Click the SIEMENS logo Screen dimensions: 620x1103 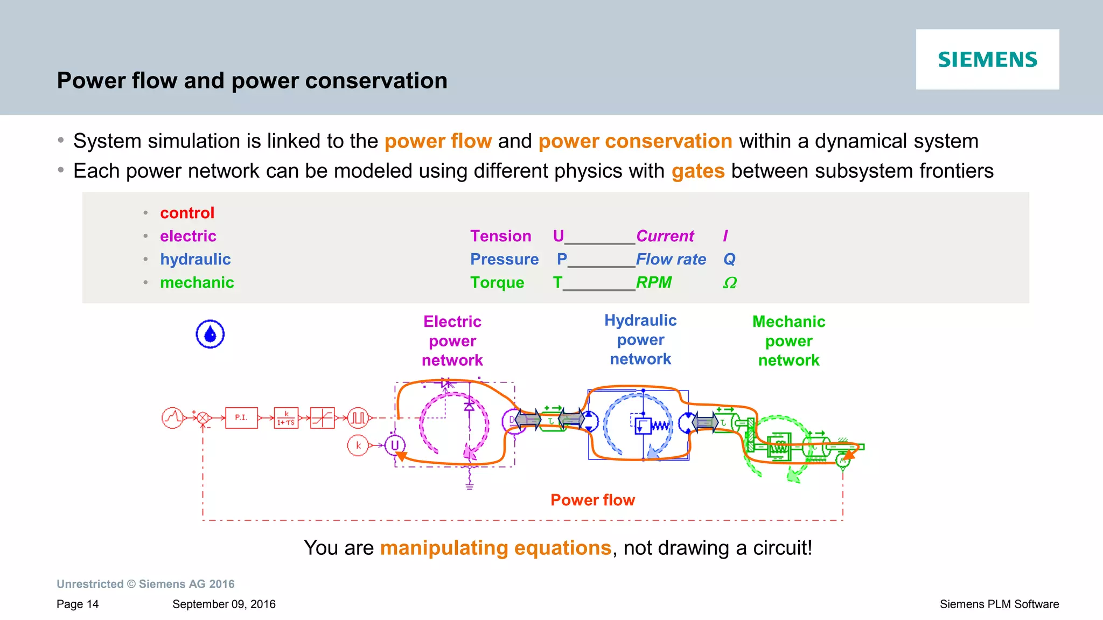(x=987, y=59)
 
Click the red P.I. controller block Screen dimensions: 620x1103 (x=241, y=417)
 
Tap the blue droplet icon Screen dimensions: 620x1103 (x=210, y=334)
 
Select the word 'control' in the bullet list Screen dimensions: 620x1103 (x=187, y=213)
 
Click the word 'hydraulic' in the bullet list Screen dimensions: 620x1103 (x=195, y=259)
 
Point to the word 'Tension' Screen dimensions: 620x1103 (x=500, y=236)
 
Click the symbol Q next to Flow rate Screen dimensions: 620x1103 (x=729, y=259)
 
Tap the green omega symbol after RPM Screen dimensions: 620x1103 (x=729, y=283)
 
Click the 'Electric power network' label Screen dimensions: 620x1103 (x=452, y=340)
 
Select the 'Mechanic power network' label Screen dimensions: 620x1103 (x=788, y=340)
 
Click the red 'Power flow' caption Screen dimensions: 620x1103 (x=592, y=500)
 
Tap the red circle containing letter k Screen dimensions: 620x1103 (x=358, y=445)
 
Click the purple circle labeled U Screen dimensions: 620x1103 (x=395, y=445)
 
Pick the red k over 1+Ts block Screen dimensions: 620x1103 (x=286, y=418)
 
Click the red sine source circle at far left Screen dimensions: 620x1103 (x=172, y=417)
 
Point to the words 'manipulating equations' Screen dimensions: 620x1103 (x=495, y=548)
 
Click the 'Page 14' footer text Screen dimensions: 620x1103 (x=78, y=604)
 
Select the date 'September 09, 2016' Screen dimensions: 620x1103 (x=224, y=604)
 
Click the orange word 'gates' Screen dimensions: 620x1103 (x=698, y=171)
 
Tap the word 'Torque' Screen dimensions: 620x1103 (x=497, y=283)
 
